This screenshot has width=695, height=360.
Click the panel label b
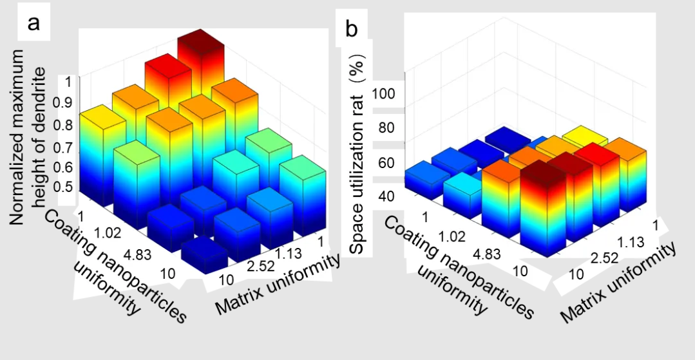click(352, 28)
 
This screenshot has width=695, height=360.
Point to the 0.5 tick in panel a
click(67, 187)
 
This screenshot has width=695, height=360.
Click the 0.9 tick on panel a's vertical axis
click(67, 103)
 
